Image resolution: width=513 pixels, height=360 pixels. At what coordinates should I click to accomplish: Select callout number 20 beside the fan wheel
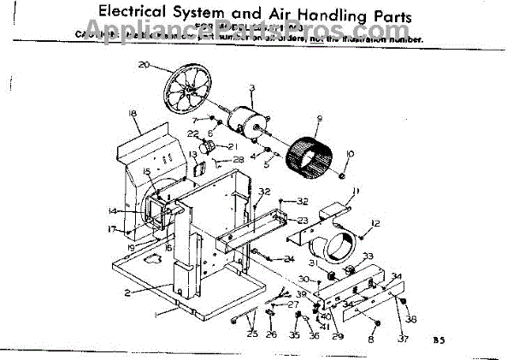[x=143, y=64]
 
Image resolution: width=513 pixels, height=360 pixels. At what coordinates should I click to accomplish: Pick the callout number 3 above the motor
[x=252, y=86]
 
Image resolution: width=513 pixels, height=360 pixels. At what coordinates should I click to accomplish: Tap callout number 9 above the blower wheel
[x=318, y=118]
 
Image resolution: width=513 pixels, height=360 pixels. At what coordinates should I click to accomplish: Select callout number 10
[x=350, y=153]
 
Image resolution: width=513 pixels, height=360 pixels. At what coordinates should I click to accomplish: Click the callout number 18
[x=133, y=114]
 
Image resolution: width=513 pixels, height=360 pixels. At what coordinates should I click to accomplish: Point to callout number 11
[x=356, y=190]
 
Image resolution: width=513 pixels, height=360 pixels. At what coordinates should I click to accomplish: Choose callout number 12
[x=374, y=223]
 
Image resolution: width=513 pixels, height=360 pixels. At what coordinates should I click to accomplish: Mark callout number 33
[x=368, y=255]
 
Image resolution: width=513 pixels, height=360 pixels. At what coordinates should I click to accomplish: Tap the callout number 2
[x=125, y=292]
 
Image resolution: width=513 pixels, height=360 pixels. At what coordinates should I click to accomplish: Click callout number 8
[x=371, y=340]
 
